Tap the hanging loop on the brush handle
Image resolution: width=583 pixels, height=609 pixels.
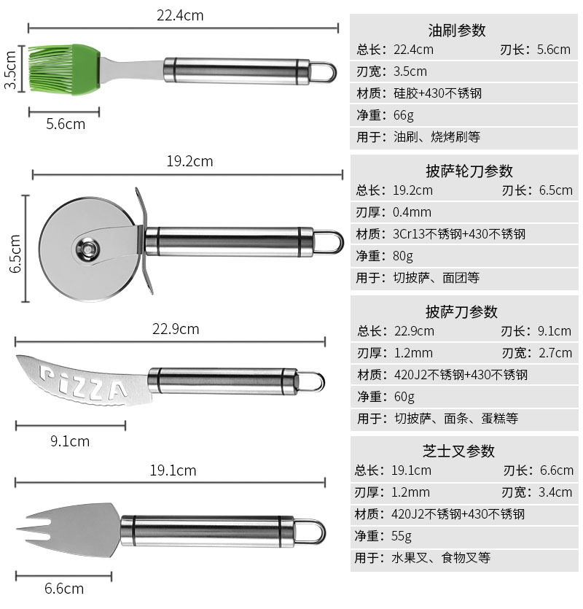click(325, 72)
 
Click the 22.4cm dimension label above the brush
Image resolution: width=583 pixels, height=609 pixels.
click(180, 15)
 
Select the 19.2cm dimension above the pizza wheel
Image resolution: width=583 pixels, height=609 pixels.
click(189, 161)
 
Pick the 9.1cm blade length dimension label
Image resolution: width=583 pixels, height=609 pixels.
click(70, 441)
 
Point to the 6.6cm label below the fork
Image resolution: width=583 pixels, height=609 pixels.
click(64, 588)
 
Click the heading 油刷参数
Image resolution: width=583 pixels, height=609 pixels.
click(457, 31)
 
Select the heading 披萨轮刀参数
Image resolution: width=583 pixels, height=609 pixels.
click(469, 171)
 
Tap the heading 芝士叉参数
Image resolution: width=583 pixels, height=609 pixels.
click(458, 451)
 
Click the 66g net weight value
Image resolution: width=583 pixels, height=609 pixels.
click(403, 115)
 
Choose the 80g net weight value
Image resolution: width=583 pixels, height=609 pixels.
click(403, 256)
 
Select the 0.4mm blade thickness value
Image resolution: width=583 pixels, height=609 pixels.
click(412, 212)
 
